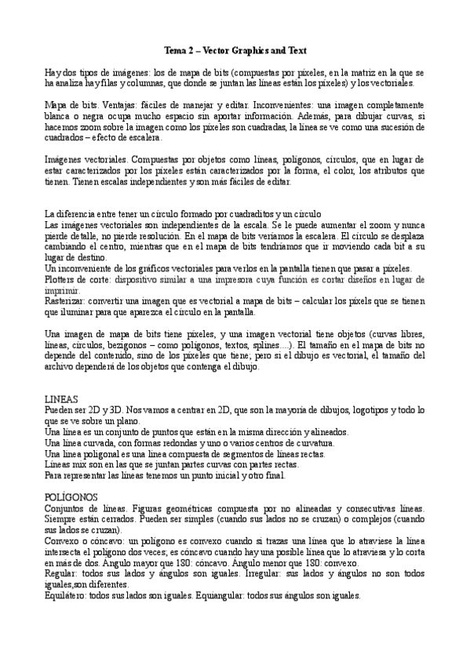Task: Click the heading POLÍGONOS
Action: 71,497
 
